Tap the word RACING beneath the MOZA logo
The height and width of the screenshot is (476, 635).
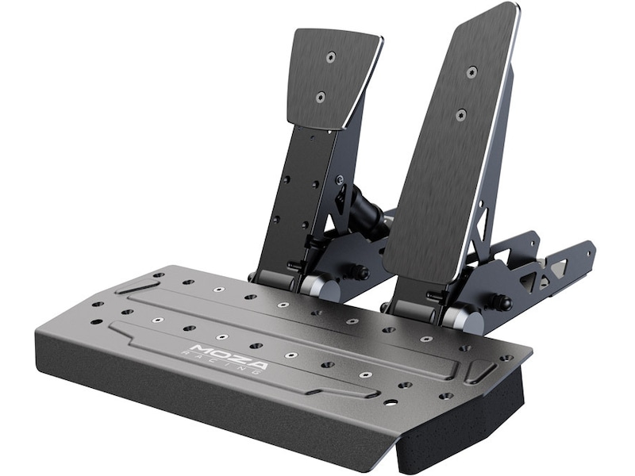226,363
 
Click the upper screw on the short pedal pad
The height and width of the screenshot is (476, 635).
332,57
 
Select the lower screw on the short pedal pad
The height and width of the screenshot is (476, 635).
321,96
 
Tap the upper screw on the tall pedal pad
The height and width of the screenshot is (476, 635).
471,72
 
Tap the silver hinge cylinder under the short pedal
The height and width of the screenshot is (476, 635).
320,286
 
